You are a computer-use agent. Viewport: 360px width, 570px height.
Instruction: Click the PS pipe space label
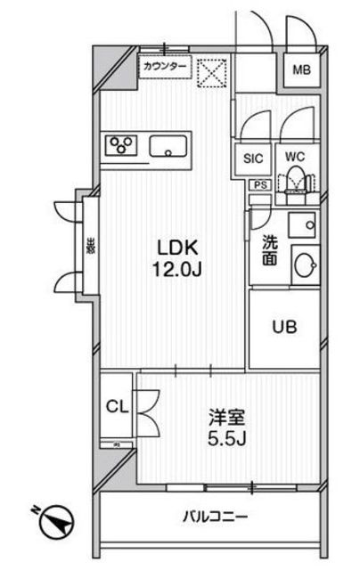260,184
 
